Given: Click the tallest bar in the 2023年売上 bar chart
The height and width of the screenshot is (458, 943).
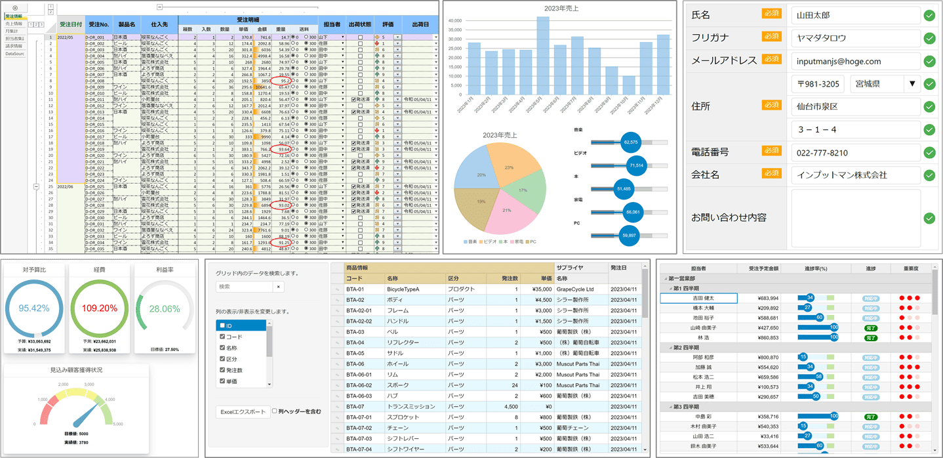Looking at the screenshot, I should (x=543, y=56).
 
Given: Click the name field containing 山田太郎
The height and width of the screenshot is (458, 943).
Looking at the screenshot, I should (x=854, y=16).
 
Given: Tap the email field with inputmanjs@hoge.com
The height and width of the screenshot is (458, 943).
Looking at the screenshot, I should (x=854, y=61).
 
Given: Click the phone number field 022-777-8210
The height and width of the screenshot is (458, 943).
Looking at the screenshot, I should (x=854, y=153).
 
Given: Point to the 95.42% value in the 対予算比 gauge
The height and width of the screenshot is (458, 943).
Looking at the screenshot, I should (x=34, y=308).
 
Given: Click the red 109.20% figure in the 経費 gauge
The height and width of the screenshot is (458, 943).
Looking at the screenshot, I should (x=100, y=308).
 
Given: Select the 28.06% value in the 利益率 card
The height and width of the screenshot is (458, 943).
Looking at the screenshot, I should (x=164, y=309).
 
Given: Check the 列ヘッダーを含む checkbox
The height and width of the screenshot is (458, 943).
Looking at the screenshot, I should (x=275, y=411).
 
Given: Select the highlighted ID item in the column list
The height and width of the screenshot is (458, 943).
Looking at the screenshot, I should (x=241, y=325).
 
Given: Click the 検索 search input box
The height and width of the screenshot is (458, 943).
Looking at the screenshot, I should (x=243, y=287).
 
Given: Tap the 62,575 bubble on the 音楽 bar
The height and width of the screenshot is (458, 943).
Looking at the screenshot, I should (x=631, y=142).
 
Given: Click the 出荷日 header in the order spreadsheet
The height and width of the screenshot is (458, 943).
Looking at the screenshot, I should (x=420, y=24).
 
